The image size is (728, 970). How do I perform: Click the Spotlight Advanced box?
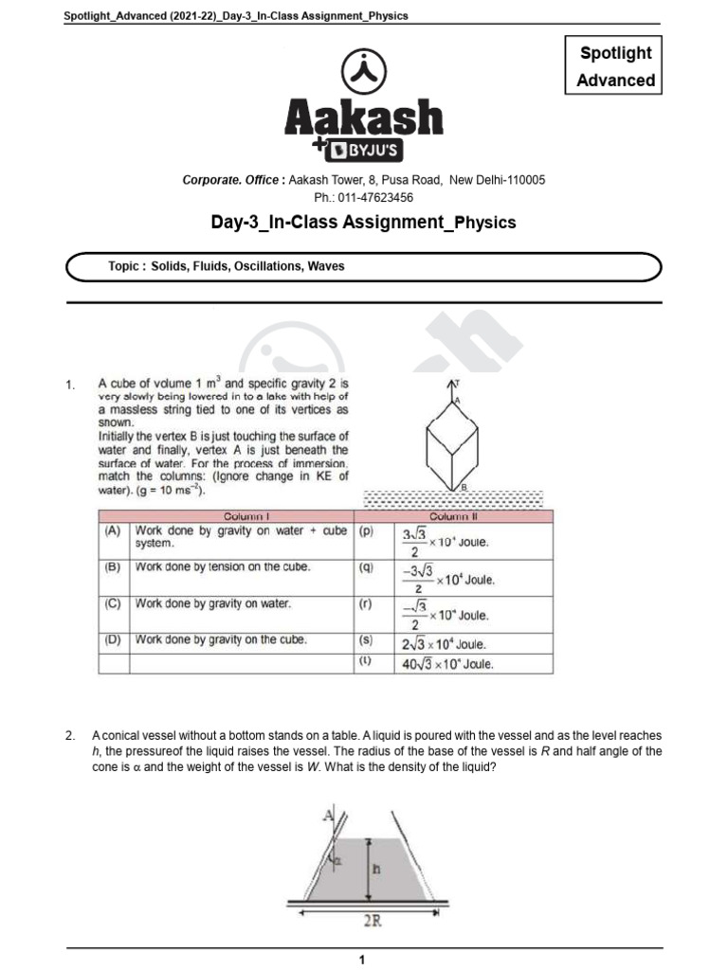click(x=615, y=66)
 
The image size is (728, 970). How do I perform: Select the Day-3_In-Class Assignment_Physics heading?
click(x=363, y=223)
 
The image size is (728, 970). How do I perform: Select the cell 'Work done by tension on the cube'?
click(x=223, y=567)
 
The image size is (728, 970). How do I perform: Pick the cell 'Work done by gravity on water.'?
click(x=213, y=603)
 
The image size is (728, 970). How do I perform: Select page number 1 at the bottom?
click(x=363, y=960)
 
